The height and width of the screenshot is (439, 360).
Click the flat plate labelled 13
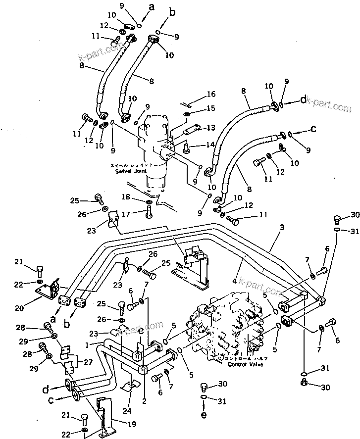pos(189,131)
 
